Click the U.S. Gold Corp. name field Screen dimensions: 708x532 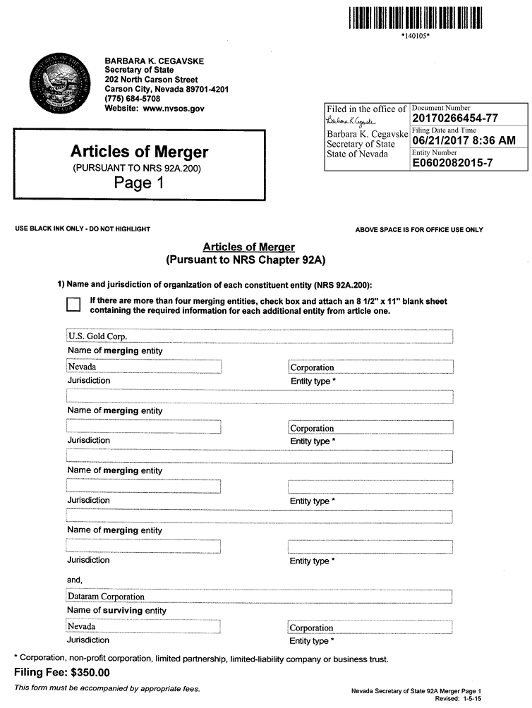click(259, 336)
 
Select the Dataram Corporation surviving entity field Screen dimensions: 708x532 click(259, 597)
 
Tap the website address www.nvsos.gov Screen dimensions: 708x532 click(174, 109)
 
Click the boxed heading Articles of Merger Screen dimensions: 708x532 click(139, 152)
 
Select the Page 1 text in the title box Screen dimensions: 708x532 click(139, 183)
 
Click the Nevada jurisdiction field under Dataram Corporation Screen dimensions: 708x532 click(143, 626)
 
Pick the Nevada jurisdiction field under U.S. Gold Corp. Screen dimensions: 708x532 click(143, 367)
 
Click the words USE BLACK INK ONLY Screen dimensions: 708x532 click(50, 229)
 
